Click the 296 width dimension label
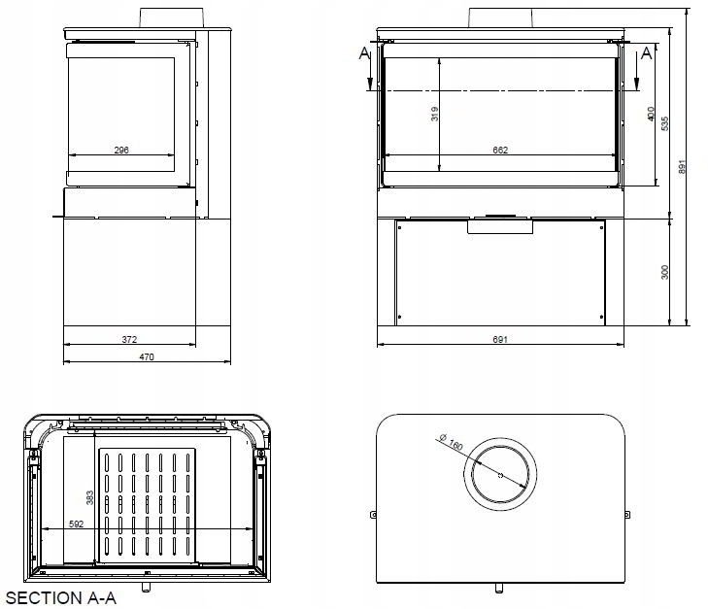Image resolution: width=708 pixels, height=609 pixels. coord(121,150)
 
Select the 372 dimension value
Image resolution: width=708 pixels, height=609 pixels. coord(129,340)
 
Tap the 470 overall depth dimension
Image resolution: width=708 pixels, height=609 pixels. coord(147,357)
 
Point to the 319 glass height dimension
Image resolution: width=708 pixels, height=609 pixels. coord(434,114)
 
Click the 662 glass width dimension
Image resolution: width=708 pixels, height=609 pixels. coord(500,150)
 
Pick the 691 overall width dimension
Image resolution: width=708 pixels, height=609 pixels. coord(500,340)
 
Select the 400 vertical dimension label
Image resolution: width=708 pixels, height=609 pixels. coord(651,114)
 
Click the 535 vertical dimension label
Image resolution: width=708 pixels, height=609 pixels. coord(664,123)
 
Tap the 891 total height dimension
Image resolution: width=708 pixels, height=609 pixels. coord(682,167)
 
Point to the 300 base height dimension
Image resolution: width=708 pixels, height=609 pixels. coord(664,272)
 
